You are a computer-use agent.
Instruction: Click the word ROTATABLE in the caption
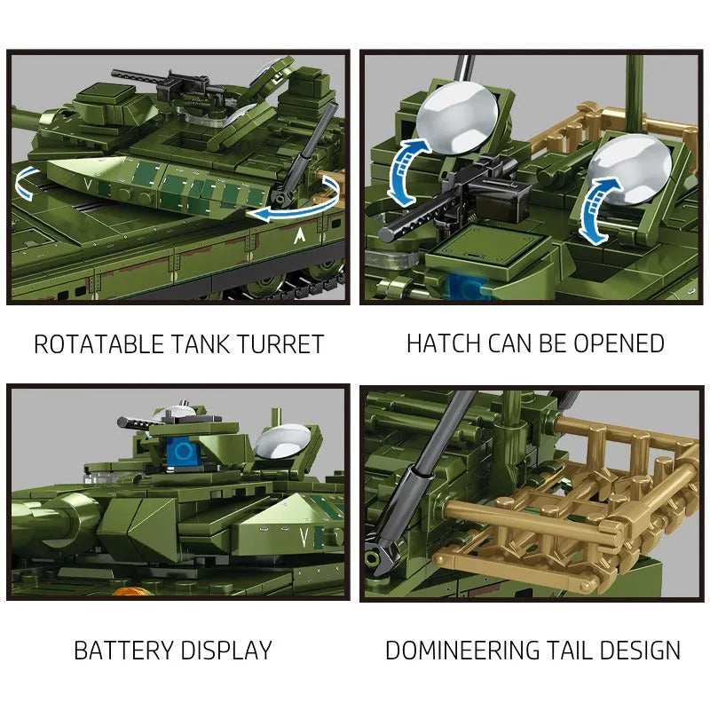(x=99, y=344)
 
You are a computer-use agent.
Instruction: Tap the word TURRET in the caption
(x=280, y=344)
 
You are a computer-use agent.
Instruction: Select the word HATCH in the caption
(x=443, y=343)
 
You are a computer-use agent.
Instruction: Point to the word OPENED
(x=619, y=343)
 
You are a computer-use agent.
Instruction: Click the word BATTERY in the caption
(x=123, y=651)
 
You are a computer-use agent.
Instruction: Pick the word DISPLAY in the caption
(x=226, y=651)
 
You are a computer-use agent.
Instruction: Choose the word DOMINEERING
(x=462, y=651)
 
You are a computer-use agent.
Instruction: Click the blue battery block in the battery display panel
(x=183, y=451)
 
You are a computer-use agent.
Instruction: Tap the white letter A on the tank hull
(x=299, y=235)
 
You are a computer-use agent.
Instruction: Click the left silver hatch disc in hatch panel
(x=457, y=118)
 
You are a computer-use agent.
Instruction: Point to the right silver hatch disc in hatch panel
(x=631, y=169)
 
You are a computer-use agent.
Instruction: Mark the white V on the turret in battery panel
(x=304, y=538)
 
